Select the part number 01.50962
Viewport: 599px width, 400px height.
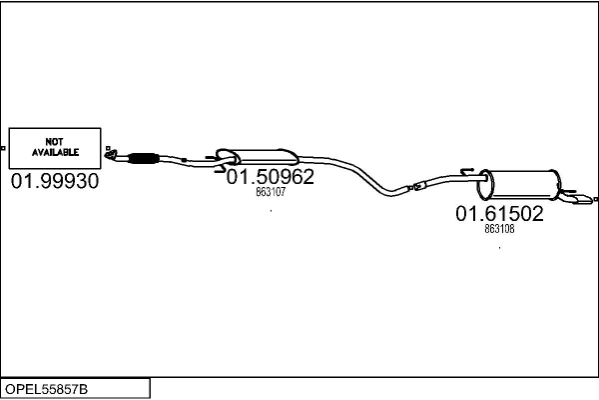(271, 177)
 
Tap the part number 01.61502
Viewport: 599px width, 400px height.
(499, 213)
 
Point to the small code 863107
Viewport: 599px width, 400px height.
(271, 193)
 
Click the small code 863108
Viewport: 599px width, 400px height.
(499, 229)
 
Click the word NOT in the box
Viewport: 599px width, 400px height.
(55, 141)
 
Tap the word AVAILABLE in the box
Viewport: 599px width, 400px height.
(55, 153)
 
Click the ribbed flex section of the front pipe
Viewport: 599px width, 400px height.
(146, 156)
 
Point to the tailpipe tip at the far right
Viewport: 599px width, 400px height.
(581, 205)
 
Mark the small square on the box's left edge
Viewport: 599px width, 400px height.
(4, 148)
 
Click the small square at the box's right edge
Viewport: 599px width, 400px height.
(106, 148)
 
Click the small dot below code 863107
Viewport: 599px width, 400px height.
(271, 212)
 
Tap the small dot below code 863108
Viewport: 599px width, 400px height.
(499, 246)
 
